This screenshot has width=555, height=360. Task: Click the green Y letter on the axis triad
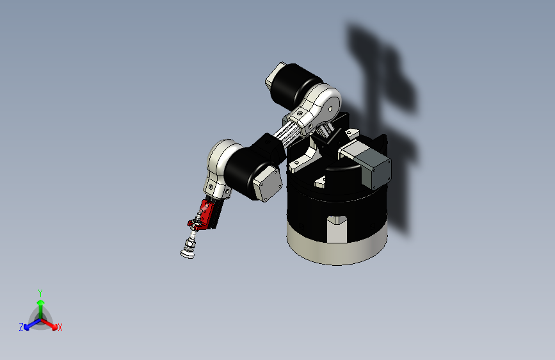tap(40, 292)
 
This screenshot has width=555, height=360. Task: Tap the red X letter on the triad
tap(60, 328)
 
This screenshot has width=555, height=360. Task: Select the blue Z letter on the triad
tap(21, 327)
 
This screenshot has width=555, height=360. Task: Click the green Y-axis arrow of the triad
tap(40, 306)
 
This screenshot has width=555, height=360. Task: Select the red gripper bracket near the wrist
tap(204, 215)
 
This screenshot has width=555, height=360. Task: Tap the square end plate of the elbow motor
tap(267, 184)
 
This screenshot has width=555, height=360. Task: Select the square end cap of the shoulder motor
tap(274, 76)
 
